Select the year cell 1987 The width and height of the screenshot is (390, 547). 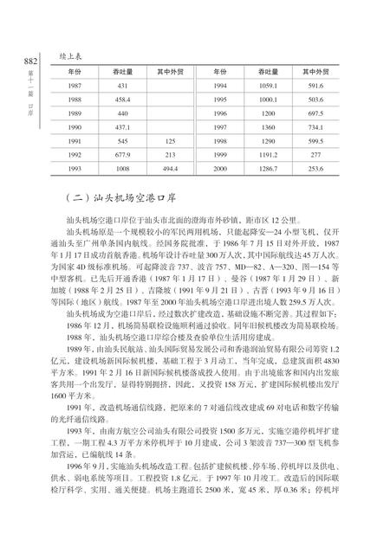[x=75, y=86]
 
